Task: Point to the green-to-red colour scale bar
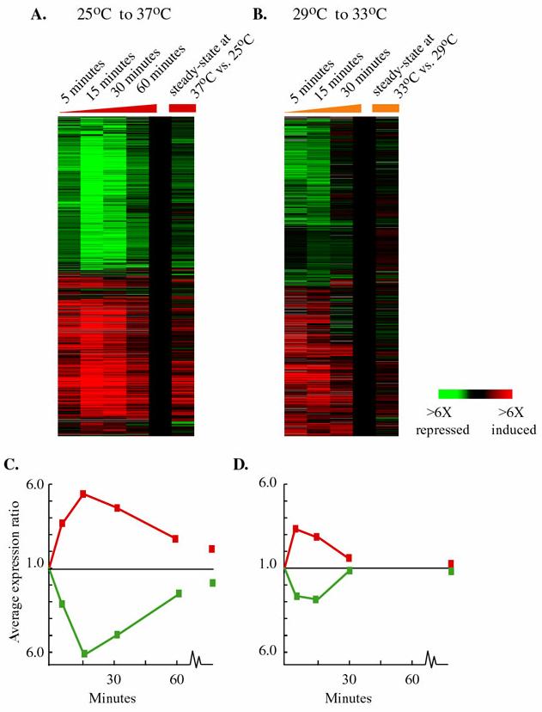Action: click(474, 394)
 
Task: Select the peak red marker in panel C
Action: click(83, 494)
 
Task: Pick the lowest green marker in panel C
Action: click(84, 654)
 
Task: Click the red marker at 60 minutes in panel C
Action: click(175, 539)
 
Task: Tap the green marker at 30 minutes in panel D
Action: click(349, 570)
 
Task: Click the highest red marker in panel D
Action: click(296, 529)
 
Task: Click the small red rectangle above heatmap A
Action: click(182, 108)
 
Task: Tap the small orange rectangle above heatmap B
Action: click(386, 108)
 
